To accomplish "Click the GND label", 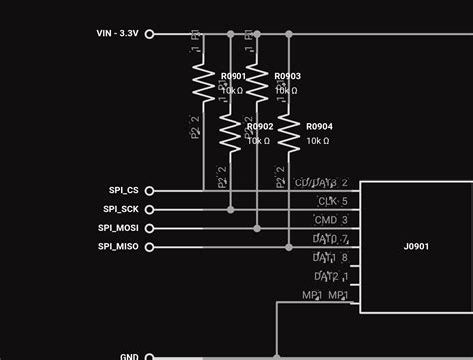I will (129, 356).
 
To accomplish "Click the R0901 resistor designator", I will (234, 76).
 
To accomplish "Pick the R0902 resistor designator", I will (259, 127).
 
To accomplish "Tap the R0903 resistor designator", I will (287, 76).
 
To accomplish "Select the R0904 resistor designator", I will (319, 127).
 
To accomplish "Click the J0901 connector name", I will (416, 246).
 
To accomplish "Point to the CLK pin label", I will (326, 201).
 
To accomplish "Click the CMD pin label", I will (326, 219).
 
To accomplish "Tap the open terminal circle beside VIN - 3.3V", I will (150, 33).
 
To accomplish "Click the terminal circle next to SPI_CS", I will (150, 190).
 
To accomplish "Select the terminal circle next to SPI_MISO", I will (150, 246).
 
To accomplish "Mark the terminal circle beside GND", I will (150, 356).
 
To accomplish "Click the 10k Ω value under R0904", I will (318, 141).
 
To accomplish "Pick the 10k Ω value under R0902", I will (258, 141).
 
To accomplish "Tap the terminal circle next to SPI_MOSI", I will (150, 228).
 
